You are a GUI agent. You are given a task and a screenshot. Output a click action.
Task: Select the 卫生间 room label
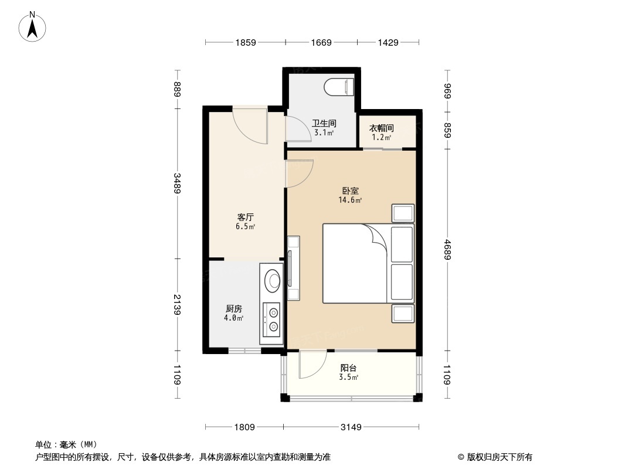pos(324,123)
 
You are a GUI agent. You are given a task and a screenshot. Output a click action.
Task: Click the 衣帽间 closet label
pos(382,128)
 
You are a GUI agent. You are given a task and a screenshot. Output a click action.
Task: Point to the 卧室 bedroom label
pos(350,191)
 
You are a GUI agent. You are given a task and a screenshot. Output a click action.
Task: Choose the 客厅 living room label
pos(245,217)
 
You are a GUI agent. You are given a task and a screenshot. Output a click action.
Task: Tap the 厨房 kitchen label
pos(233,309)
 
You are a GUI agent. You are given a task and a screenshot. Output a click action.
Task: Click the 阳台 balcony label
pos(348,368)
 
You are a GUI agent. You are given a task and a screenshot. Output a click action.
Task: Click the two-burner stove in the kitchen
pos(271,321)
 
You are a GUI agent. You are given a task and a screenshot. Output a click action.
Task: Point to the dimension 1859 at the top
pos(246,42)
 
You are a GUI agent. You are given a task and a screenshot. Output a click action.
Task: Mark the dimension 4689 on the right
pos(447,249)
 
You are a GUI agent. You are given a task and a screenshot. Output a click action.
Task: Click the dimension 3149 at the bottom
pos(351,427)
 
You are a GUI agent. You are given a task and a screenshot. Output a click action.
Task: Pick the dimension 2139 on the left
pos(178,304)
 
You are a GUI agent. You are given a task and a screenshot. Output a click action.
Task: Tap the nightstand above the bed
pos(403,213)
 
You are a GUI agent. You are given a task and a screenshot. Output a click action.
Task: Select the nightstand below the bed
pos(403,314)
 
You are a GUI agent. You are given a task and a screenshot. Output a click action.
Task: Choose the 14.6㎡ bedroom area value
pos(350,200)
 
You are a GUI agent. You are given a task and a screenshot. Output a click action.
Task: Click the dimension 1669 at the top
pos(321,42)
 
